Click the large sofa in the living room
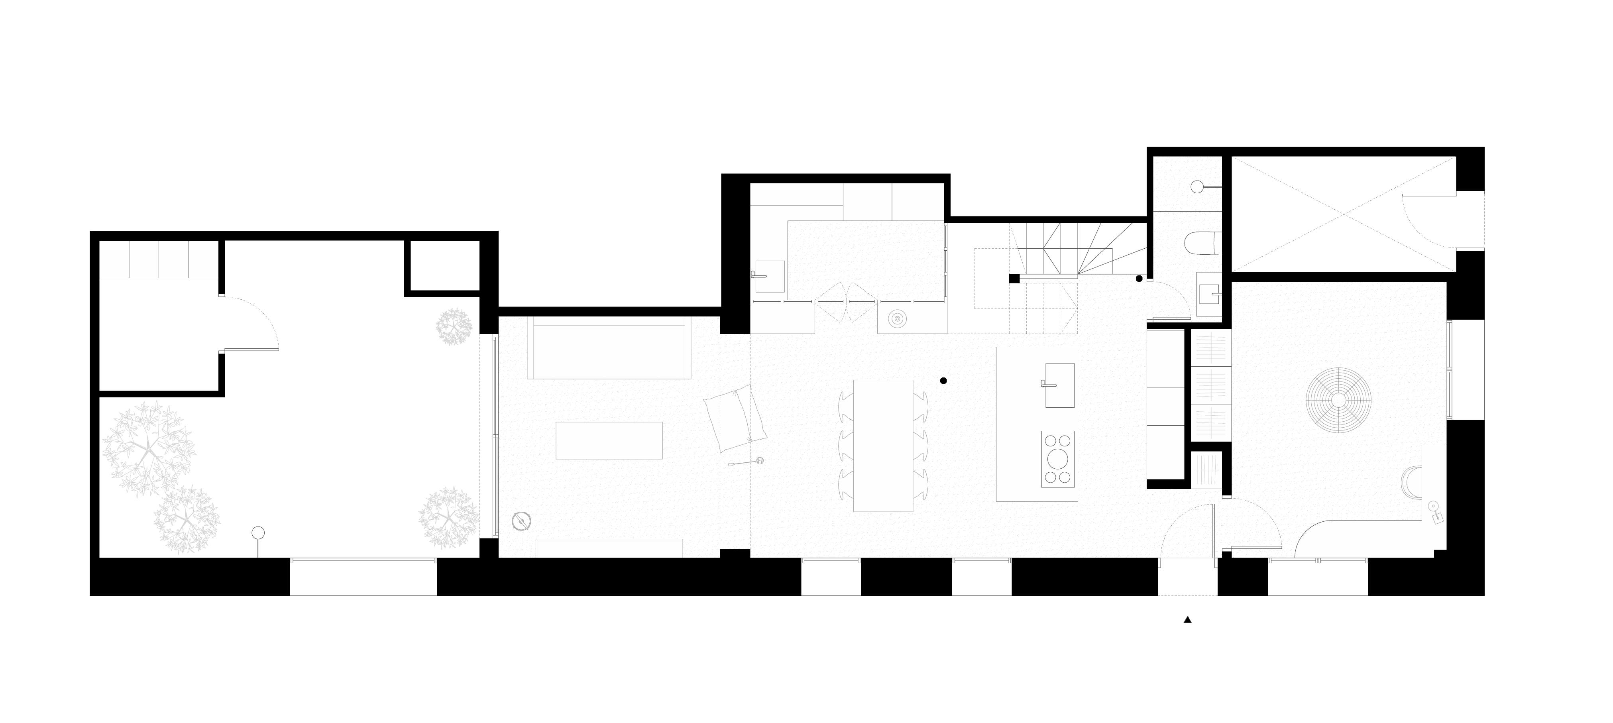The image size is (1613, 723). pyautogui.click(x=609, y=348)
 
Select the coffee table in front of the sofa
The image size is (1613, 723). pyautogui.click(x=609, y=440)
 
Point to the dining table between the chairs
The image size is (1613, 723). pyautogui.click(x=883, y=445)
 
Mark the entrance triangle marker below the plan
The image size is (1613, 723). pyautogui.click(x=1187, y=620)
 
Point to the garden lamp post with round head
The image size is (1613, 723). pyautogui.click(x=258, y=534)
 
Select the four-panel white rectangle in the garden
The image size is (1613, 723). pyautogui.click(x=159, y=259)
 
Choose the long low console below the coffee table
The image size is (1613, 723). pyautogui.click(x=609, y=548)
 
